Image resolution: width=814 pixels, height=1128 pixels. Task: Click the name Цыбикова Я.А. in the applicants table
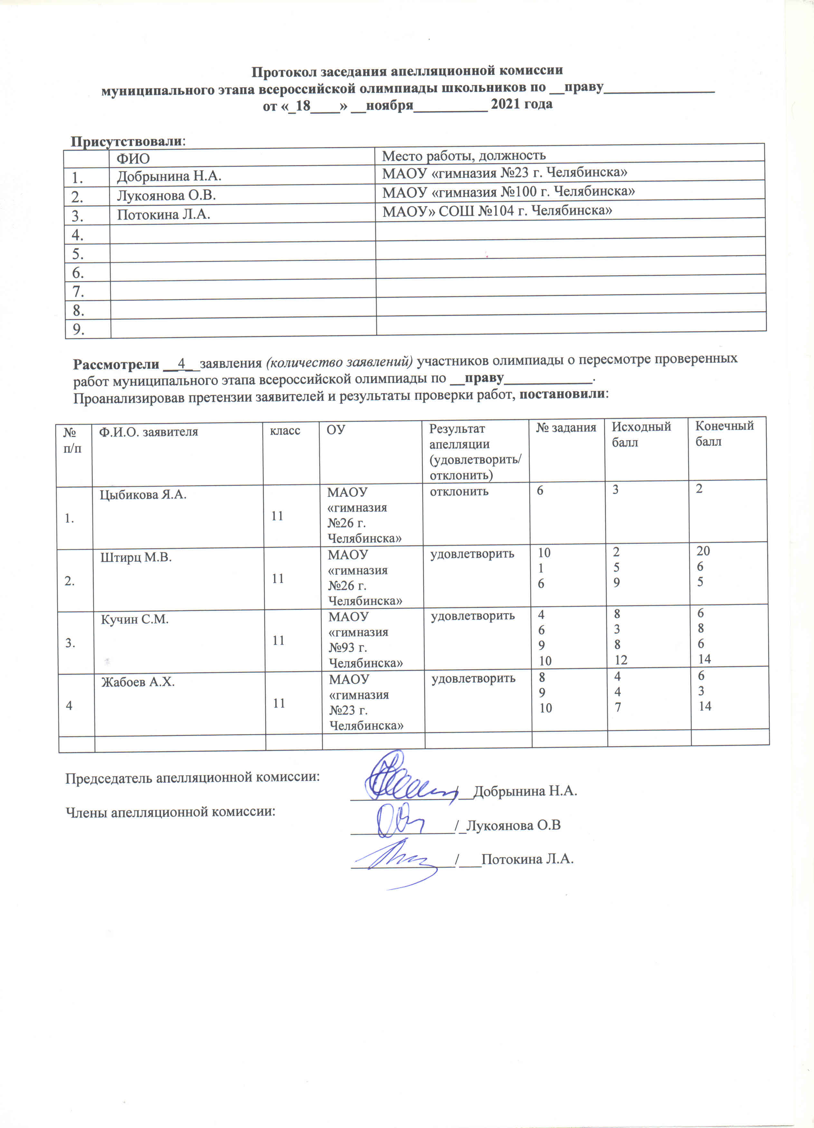143,495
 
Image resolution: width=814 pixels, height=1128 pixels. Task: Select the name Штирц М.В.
136,558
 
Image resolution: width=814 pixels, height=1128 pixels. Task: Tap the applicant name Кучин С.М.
135,620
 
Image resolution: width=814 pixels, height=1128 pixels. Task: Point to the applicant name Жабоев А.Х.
138,682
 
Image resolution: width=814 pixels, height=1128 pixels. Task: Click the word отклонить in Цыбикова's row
459,492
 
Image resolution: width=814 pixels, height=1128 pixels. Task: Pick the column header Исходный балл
641,434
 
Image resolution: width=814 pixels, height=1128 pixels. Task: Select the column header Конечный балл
724,433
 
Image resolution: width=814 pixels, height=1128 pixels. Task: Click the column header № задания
566,428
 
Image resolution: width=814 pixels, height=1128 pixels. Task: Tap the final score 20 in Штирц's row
703,551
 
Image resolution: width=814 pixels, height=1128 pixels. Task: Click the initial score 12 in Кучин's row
620,660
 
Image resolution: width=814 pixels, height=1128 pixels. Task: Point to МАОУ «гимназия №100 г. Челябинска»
508,192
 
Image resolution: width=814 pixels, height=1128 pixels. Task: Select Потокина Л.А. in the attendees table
163,215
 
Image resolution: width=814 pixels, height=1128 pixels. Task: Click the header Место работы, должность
464,156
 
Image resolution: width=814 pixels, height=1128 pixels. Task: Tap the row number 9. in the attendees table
78,329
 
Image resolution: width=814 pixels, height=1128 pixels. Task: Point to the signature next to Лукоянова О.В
398,820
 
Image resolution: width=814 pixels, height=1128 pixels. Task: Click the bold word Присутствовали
126,142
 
